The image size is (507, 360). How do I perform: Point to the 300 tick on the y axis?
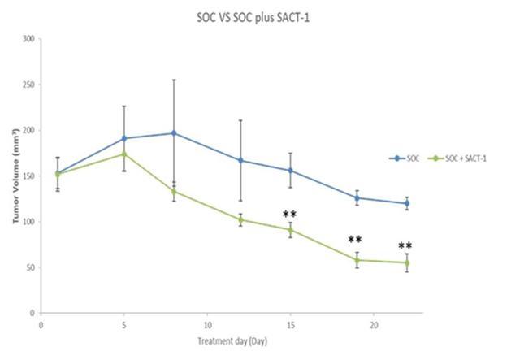click(x=28, y=39)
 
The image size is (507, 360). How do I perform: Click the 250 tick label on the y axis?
click(x=28, y=85)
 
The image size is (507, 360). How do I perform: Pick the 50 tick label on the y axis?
click(x=30, y=267)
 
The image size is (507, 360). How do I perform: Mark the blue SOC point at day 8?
click(x=174, y=133)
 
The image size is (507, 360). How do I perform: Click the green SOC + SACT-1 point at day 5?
click(x=124, y=154)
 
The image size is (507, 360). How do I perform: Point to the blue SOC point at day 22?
click(x=407, y=203)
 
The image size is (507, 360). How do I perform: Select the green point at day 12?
click(x=240, y=219)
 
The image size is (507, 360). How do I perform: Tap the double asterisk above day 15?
click(x=289, y=215)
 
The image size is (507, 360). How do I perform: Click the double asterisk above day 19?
click(x=355, y=241)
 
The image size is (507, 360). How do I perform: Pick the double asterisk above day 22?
click(x=405, y=247)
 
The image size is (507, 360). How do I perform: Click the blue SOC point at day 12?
click(x=240, y=160)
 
